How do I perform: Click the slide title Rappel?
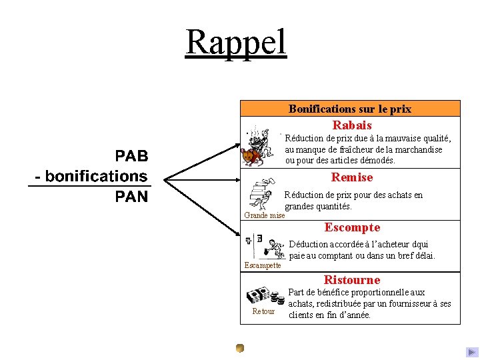click(236, 41)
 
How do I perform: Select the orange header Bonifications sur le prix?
click(349, 109)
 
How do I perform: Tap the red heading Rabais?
click(352, 125)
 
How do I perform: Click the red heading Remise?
click(352, 177)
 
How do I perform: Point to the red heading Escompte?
click(352, 227)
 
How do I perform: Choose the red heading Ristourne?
click(352, 280)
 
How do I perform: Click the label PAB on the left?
click(131, 156)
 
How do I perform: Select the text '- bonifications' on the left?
click(91, 176)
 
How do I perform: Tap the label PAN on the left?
click(131, 196)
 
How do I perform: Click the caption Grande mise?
click(265, 215)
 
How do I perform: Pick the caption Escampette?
click(263, 265)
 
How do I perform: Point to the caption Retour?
click(263, 311)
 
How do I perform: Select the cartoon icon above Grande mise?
click(261, 195)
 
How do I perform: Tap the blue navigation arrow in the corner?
click(472, 352)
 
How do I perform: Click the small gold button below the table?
click(240, 347)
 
